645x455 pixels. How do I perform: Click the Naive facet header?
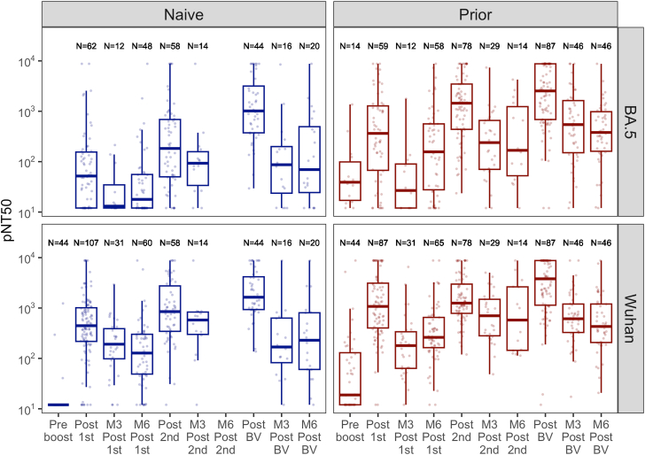click(183, 15)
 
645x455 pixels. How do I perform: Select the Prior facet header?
click(475, 15)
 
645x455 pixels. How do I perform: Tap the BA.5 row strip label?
click(630, 122)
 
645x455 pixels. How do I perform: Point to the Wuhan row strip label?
click(630, 319)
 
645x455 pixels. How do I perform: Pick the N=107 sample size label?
click(86, 243)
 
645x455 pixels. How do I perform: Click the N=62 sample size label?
click(86, 46)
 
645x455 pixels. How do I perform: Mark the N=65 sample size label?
click(433, 243)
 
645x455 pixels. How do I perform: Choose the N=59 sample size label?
click(377, 46)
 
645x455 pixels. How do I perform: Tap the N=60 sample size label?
click(142, 243)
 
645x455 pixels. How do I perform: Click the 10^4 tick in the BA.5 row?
click(28, 62)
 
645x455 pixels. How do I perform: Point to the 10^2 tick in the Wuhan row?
click(28, 359)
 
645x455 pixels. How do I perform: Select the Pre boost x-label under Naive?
click(58, 430)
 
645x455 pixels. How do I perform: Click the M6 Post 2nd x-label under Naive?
click(226, 437)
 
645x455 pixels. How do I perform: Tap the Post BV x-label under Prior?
click(545, 430)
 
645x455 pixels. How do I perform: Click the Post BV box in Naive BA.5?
click(253, 110)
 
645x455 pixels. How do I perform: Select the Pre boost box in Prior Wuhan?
click(350, 379)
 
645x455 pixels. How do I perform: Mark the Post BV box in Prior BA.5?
click(545, 92)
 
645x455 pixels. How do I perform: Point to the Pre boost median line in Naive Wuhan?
click(58, 405)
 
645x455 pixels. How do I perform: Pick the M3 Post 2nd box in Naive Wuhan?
click(198, 323)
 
